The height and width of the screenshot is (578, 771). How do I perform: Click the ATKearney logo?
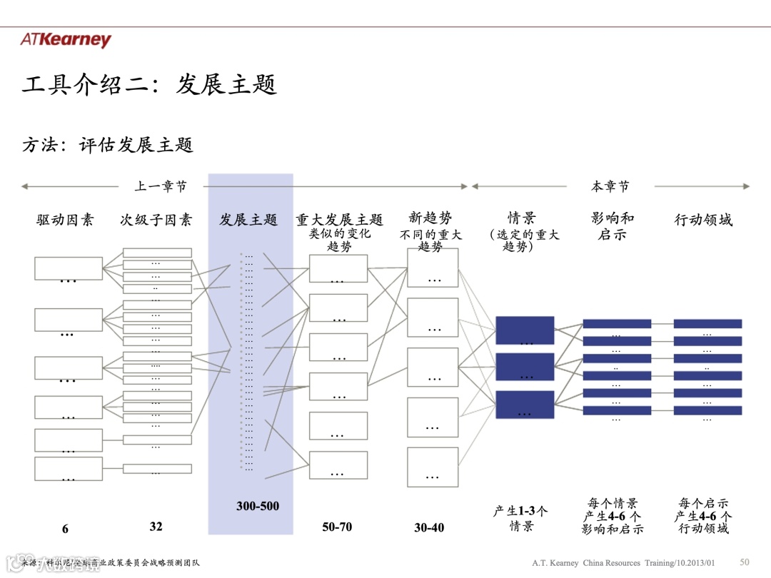tap(66, 40)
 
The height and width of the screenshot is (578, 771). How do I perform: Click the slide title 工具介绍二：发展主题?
tap(149, 85)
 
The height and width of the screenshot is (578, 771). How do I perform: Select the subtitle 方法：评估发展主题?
tap(108, 145)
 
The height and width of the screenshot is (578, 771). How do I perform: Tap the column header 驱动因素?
tap(65, 220)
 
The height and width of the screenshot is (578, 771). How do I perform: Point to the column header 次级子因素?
tap(156, 220)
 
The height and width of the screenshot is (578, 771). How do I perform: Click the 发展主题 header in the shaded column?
tap(248, 220)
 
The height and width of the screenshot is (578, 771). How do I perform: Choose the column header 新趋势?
tap(430, 218)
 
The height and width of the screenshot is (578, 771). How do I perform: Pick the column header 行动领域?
tap(703, 220)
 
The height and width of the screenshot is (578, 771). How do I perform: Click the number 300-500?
tap(258, 506)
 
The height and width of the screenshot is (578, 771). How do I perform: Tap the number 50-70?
tap(337, 527)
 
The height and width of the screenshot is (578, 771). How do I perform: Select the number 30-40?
tap(429, 528)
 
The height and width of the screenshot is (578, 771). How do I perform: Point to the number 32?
tap(156, 527)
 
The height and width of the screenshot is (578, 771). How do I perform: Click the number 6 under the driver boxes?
tap(65, 529)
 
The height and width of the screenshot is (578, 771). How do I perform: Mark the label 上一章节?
tap(161, 186)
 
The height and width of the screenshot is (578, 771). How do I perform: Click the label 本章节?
tap(610, 186)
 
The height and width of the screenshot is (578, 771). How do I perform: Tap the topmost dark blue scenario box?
tap(525, 330)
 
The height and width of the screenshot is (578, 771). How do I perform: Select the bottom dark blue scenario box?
tap(525, 405)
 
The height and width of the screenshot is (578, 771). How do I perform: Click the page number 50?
tap(745, 562)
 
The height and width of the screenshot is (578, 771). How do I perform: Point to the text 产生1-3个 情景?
tap(521, 518)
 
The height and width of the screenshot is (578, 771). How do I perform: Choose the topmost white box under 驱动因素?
tap(68, 268)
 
